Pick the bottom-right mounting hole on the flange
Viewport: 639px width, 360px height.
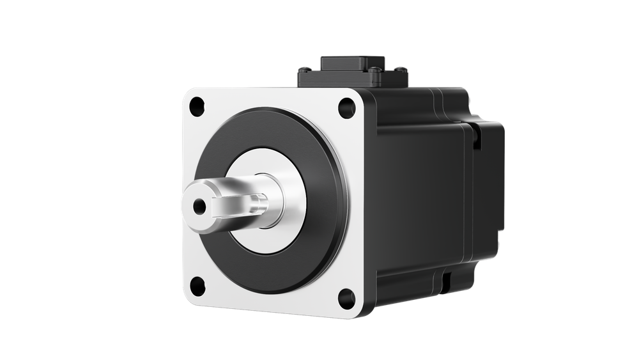[346, 296]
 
